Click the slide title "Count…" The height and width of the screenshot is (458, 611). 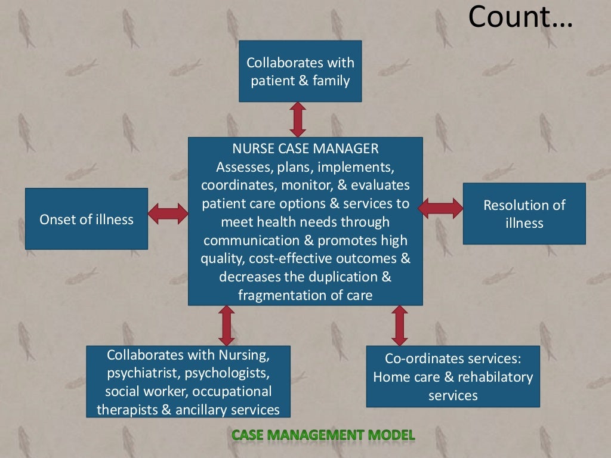(520, 17)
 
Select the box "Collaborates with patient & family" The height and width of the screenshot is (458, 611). (300, 71)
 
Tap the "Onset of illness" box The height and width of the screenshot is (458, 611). (87, 219)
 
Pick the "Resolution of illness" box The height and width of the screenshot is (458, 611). (524, 213)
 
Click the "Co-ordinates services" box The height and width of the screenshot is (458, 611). (453, 376)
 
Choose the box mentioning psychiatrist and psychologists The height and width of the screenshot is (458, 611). (188, 382)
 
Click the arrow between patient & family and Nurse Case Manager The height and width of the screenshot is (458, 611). (298, 119)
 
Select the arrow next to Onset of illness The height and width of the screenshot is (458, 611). (168, 213)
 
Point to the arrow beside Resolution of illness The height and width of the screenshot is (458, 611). (440, 208)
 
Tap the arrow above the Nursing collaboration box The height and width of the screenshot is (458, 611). (226, 326)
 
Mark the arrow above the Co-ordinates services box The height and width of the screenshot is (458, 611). (400, 326)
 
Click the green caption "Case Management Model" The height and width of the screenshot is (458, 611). (323, 435)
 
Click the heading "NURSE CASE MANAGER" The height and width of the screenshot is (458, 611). (305, 148)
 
